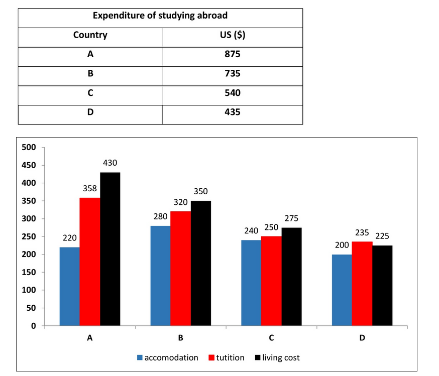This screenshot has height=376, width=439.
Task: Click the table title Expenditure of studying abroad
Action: (160, 16)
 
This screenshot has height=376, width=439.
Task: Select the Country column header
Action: (90, 35)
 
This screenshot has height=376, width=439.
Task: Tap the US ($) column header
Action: (233, 35)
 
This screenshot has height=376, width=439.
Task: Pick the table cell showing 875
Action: (233, 55)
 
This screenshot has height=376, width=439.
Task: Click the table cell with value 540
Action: (233, 93)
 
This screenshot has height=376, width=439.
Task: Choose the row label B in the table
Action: (90, 74)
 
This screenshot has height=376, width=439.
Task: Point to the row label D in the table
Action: (90, 112)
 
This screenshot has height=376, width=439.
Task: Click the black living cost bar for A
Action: (110, 249)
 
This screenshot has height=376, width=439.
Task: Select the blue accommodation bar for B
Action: (160, 276)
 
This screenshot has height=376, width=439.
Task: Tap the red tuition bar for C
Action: (271, 281)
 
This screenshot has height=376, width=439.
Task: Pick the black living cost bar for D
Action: (382, 286)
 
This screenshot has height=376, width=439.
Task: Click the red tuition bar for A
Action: (90, 262)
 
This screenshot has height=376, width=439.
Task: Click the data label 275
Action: (292, 220)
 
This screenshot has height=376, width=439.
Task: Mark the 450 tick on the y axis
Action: (30, 166)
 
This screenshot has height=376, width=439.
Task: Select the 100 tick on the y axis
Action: (30, 290)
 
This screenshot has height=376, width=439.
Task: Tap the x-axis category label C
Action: (271, 338)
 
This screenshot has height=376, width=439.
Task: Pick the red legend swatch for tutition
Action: (211, 358)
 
